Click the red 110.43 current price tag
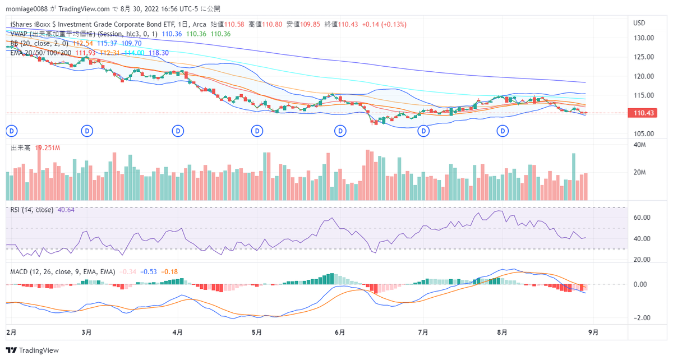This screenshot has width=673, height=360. click(644, 113)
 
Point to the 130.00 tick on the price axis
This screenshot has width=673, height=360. click(643, 38)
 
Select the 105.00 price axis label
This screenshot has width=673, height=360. click(643, 133)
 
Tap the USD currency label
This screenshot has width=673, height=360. click(639, 23)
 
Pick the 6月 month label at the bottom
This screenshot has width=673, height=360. click(339, 332)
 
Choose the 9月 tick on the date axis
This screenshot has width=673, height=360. click(593, 332)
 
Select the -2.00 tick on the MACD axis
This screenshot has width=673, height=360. click(642, 317)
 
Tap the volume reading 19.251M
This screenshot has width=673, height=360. click(48, 148)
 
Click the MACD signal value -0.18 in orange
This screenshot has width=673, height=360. click(170, 271)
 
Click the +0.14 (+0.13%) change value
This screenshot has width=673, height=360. click(384, 25)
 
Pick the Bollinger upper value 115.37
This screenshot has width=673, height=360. click(107, 43)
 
